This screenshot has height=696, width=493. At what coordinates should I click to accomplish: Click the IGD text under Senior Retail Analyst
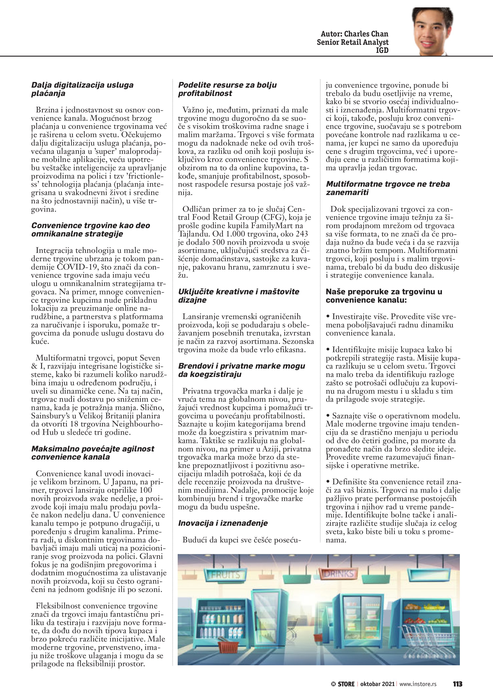point(382,50)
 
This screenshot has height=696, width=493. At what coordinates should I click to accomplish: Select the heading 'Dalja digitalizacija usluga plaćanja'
point(82,89)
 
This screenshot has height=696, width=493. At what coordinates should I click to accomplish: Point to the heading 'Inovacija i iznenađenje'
point(223,523)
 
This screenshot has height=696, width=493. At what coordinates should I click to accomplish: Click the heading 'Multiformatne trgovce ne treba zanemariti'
point(388,188)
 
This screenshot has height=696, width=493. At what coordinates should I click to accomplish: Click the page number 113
point(457,684)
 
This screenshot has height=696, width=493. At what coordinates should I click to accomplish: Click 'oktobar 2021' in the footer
point(377,684)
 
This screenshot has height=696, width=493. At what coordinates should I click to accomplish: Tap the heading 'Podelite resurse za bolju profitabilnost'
point(227,89)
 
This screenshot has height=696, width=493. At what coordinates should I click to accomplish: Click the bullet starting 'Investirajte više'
point(390,325)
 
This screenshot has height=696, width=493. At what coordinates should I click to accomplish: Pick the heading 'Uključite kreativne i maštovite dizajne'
point(238,295)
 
